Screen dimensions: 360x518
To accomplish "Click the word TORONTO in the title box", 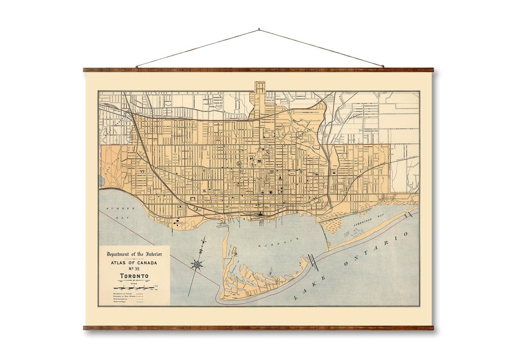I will tap(134, 277).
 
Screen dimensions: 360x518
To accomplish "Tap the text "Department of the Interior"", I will tap(134, 254).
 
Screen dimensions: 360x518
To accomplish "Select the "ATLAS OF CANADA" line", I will tap(134, 263).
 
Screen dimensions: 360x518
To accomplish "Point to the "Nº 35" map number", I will tap(134, 269).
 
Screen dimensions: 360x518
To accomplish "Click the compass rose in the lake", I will tap(197, 263).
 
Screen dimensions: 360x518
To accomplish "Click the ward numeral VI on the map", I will tap(142, 171).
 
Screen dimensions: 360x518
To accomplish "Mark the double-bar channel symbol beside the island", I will tap(312, 262).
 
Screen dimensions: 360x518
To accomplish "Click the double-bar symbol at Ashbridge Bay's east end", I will tap(409, 214).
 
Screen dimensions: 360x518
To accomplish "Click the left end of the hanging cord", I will tap(137, 67).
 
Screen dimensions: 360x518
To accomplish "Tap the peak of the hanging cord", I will tap(259, 30).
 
